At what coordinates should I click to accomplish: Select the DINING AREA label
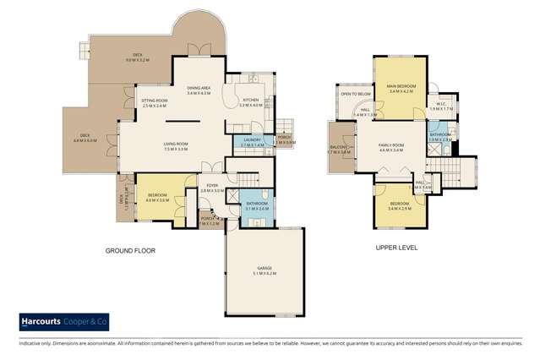199,90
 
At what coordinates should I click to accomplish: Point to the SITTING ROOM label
155,102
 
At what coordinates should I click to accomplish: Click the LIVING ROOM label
175,145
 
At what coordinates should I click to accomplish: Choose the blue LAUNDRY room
253,142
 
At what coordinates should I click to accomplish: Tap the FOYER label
210,188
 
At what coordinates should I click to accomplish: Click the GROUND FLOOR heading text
130,251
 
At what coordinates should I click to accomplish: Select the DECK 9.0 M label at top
136,57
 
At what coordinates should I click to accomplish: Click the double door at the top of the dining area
198,48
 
